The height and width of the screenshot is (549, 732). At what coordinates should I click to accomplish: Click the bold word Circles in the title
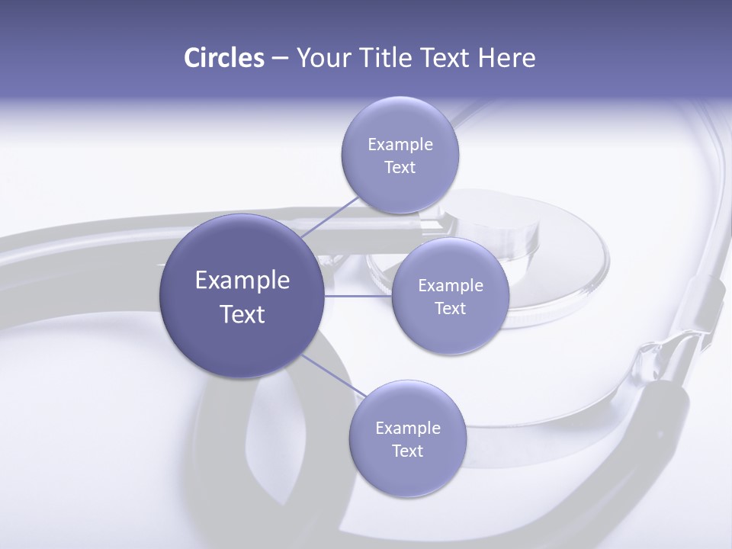pyautogui.click(x=223, y=58)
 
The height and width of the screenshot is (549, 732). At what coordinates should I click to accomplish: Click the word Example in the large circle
pyautogui.click(x=242, y=281)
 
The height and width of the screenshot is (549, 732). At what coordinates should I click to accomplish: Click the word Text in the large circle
pyautogui.click(x=242, y=314)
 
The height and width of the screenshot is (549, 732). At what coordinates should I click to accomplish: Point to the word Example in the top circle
pyautogui.click(x=400, y=145)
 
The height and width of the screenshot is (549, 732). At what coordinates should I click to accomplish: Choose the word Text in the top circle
pyautogui.click(x=400, y=168)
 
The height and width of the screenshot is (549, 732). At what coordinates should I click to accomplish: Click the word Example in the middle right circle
pyautogui.click(x=451, y=286)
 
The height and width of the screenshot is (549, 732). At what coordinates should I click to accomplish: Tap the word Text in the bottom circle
pyautogui.click(x=407, y=451)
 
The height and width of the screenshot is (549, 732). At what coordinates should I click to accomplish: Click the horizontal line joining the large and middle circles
pyautogui.click(x=358, y=296)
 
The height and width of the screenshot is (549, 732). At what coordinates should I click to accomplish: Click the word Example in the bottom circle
pyautogui.click(x=408, y=429)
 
